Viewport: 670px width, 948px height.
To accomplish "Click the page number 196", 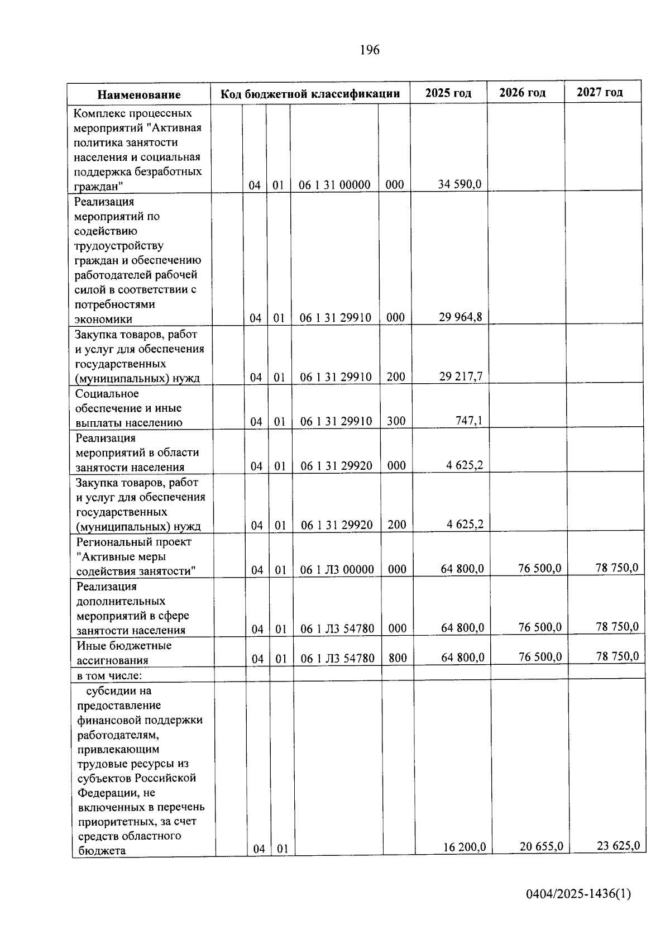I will (x=370, y=50).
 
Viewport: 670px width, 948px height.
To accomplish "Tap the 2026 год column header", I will (x=522, y=93).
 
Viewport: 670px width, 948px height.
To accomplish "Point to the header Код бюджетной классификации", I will (x=310, y=94).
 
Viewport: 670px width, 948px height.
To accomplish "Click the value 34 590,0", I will (x=460, y=184).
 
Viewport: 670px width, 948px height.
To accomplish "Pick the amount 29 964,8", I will (x=460, y=317).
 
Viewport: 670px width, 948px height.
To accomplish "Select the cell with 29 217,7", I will (x=461, y=377).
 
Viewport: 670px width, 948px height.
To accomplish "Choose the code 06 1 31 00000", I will (x=335, y=185).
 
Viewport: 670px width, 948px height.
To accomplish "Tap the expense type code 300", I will (x=396, y=421).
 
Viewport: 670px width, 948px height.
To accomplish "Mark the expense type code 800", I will (x=398, y=658).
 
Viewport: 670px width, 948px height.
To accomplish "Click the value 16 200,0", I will (x=465, y=847).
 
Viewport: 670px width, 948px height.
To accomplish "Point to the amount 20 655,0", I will (x=541, y=846).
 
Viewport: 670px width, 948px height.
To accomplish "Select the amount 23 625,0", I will (x=618, y=845).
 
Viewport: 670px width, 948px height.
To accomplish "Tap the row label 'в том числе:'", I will (x=109, y=675).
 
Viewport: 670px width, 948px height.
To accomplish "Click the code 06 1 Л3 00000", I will (x=337, y=570).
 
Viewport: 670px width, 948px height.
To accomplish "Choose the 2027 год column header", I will (x=600, y=92).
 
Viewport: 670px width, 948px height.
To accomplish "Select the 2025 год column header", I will (x=448, y=93).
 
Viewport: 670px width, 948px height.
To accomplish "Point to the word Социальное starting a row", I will (x=107, y=394).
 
